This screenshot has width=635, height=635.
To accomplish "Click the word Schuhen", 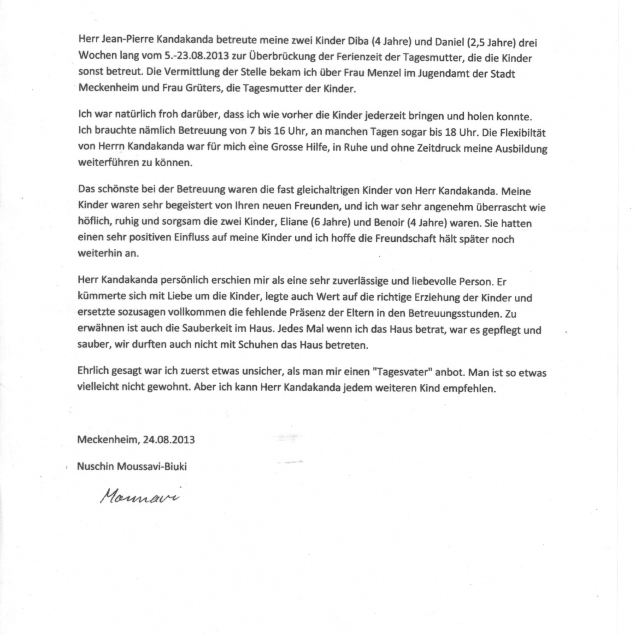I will [x=255, y=345].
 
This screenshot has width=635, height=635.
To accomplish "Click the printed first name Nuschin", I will [x=95, y=466].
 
